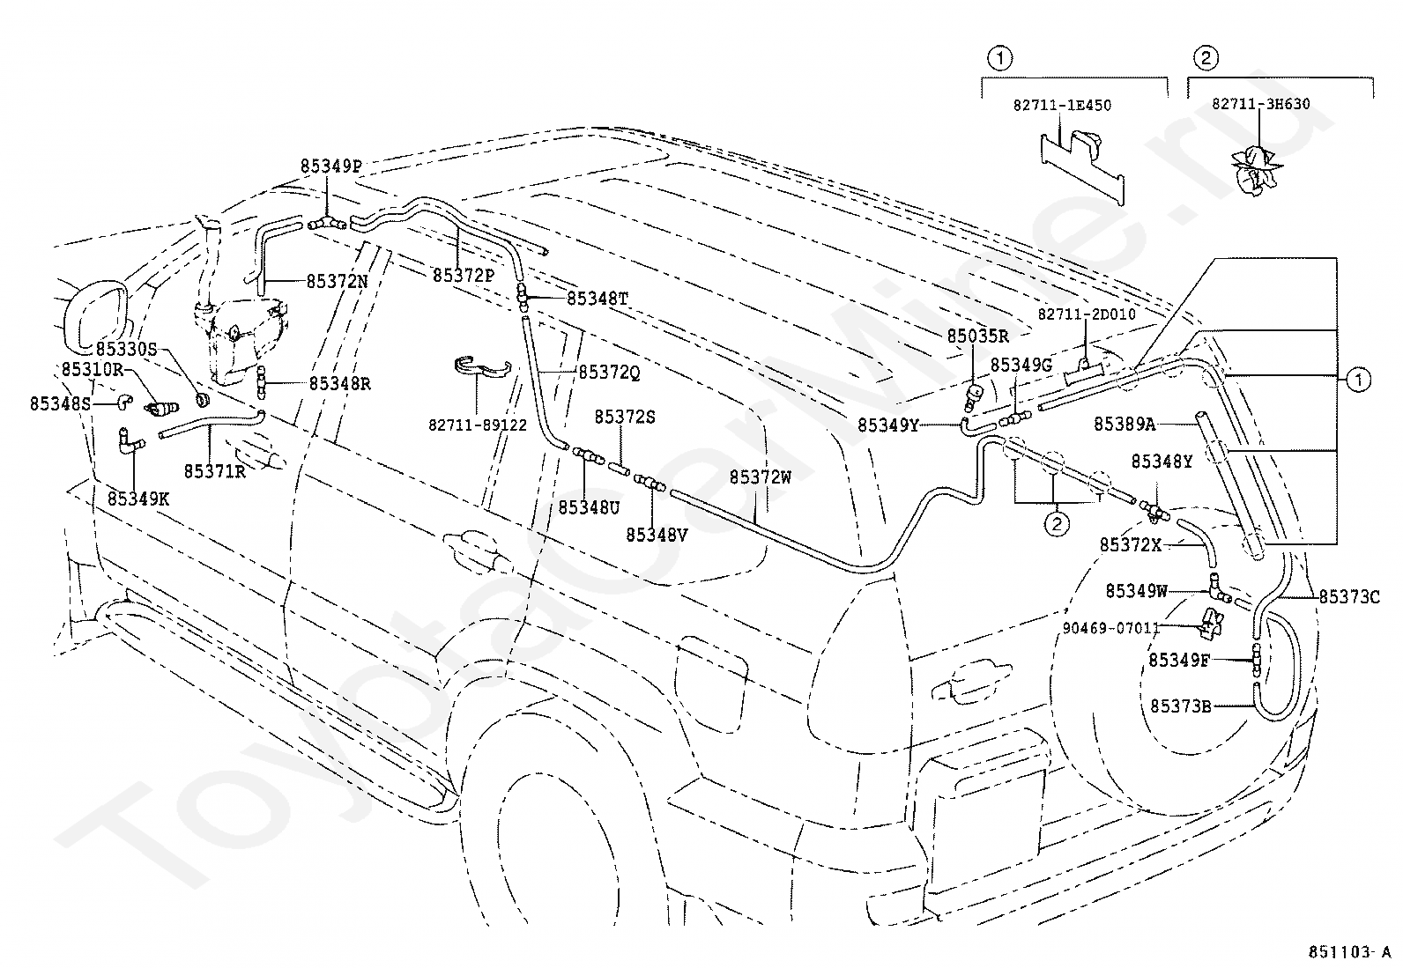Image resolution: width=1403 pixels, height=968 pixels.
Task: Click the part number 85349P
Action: (x=330, y=166)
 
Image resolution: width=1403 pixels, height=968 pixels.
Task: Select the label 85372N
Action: (x=337, y=282)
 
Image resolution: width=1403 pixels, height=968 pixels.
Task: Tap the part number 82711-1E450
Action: (x=1062, y=105)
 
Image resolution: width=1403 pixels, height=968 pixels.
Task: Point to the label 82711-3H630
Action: (x=1261, y=104)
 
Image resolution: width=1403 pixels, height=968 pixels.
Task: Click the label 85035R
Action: (x=977, y=336)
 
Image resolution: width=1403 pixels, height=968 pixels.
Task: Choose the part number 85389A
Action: (x=1125, y=424)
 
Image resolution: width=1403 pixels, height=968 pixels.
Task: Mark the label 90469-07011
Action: (x=1111, y=627)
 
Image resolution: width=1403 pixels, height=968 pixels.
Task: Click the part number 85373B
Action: (x=1181, y=706)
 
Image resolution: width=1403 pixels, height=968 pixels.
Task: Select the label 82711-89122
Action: (x=478, y=425)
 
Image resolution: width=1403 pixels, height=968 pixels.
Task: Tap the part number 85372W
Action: (x=761, y=477)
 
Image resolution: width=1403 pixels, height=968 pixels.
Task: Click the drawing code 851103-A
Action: (x=1347, y=952)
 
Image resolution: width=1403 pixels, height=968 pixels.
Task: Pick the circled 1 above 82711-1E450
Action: (x=999, y=59)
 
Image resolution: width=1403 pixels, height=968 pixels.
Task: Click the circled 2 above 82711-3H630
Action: (x=1206, y=59)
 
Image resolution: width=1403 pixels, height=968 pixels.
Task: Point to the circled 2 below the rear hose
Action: (x=1057, y=523)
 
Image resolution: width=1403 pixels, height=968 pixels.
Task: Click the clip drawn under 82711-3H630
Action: (x=1255, y=170)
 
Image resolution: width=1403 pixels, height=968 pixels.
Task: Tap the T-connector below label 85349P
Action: (x=328, y=223)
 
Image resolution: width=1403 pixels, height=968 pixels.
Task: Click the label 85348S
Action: (x=61, y=404)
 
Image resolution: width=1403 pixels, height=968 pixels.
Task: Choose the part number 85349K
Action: (x=138, y=499)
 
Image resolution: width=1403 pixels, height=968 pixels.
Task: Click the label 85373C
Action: (x=1350, y=597)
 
